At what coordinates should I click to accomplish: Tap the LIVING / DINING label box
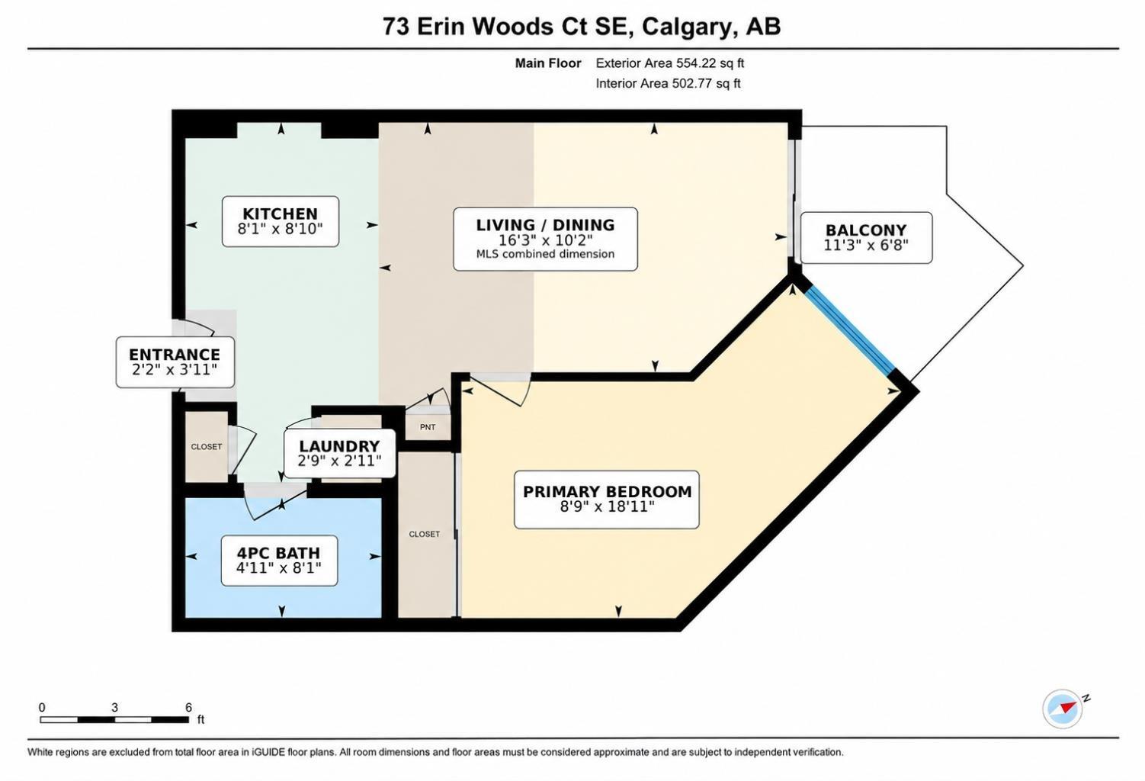(x=545, y=239)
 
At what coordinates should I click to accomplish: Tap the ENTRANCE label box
(x=175, y=362)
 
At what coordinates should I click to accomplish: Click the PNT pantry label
(x=428, y=427)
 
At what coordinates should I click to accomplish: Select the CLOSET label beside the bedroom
(x=425, y=534)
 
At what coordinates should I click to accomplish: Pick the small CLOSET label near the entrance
(x=207, y=446)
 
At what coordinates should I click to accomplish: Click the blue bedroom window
(x=851, y=330)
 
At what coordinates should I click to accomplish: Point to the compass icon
(x=1063, y=709)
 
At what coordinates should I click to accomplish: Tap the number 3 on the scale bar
(x=114, y=707)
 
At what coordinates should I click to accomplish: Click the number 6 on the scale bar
(x=188, y=707)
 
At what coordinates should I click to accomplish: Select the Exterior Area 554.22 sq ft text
(x=669, y=63)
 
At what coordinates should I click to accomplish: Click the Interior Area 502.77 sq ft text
(x=668, y=83)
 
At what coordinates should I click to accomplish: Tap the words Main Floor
(x=548, y=63)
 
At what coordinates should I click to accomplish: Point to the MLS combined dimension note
(x=545, y=254)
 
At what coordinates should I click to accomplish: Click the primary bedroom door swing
(x=499, y=390)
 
